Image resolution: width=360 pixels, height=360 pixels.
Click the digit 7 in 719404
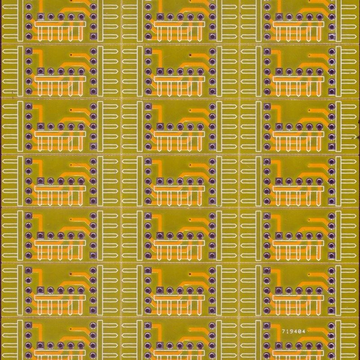[283, 331]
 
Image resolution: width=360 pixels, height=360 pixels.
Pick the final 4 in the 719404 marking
[304, 331]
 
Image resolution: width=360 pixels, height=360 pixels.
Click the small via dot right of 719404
[309, 331]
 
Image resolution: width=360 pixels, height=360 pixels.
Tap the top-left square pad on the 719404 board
[267, 324]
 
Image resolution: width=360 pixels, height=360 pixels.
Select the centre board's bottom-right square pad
[212, 201]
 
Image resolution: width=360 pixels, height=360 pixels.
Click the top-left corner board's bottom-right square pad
[93, 36]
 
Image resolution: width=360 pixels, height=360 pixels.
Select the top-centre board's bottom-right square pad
[212, 36]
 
